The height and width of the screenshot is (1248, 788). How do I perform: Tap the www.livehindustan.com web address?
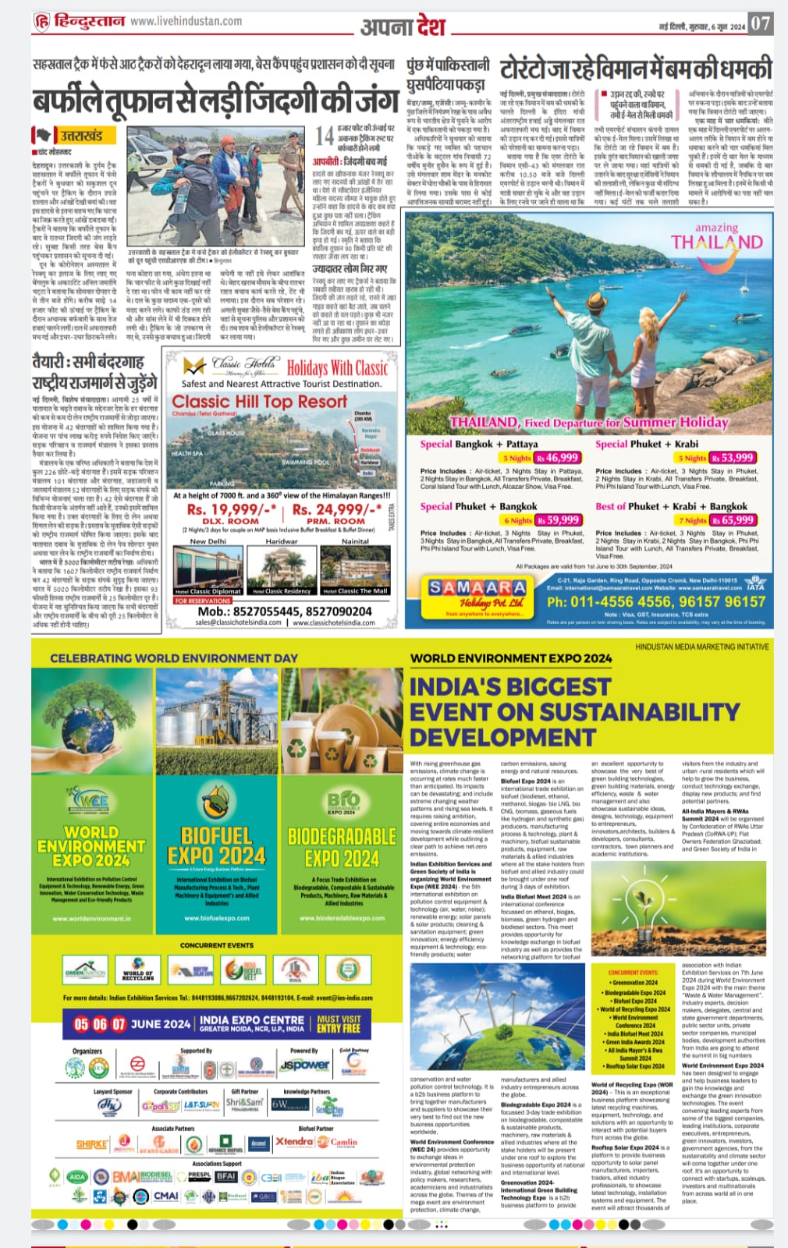point(186,21)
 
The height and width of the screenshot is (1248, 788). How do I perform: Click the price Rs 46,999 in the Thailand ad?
point(556,458)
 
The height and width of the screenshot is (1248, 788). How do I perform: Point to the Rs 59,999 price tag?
point(557,519)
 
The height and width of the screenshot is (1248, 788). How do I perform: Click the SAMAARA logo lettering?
point(477,587)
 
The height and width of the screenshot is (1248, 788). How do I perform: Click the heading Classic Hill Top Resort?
point(259,401)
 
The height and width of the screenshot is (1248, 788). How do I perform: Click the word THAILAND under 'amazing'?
point(717,242)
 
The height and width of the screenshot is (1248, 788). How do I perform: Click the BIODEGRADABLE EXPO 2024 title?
point(342,847)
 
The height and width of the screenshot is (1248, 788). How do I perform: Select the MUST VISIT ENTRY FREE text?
point(339,1023)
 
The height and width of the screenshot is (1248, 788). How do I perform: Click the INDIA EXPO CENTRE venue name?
point(251,1019)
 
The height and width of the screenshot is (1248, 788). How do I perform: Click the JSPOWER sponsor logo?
point(304,1065)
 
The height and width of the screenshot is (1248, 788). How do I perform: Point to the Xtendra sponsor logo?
point(294,1142)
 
